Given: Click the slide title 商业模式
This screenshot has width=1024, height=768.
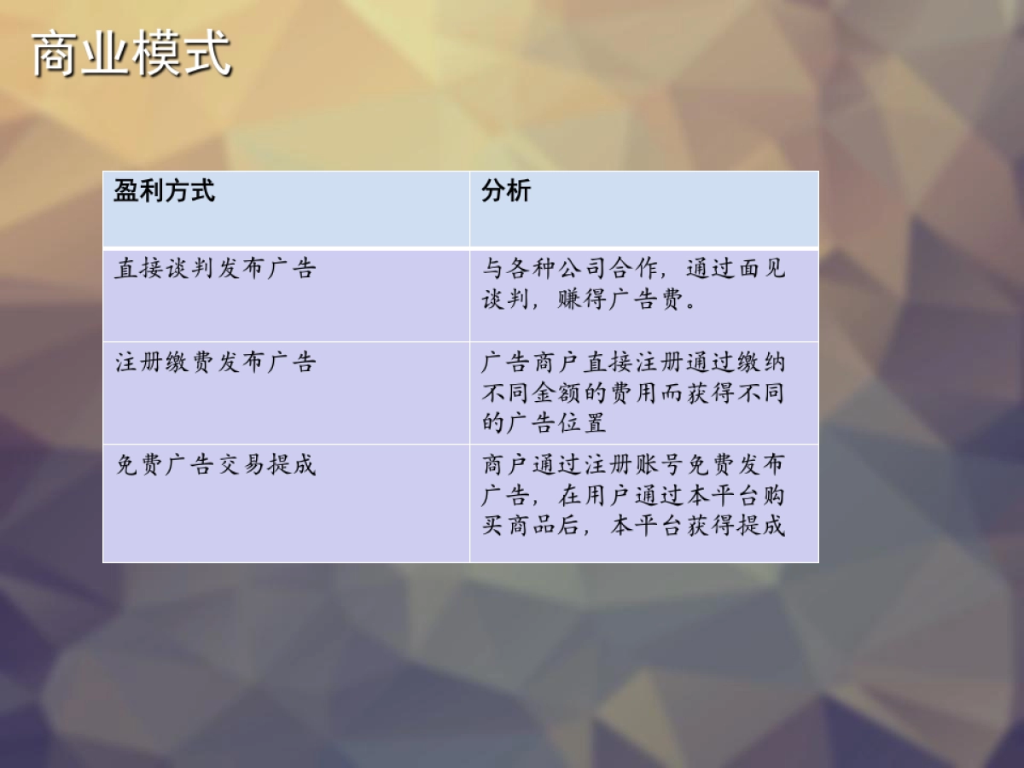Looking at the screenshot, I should pos(131,55).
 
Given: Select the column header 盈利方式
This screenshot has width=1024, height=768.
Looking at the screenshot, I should pos(165,190).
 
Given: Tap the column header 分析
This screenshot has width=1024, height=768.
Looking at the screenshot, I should pos(506,190).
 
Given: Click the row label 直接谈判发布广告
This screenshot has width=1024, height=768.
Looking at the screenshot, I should pos(216,269).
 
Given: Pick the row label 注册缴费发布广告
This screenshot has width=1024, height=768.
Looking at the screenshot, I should pos(216,362).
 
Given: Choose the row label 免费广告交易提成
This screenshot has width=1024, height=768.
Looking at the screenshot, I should pos(216,464).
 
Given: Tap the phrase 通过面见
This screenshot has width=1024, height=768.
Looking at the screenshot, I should pos(736,270).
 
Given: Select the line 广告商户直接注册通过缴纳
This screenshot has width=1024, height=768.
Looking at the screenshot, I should pos(633,363).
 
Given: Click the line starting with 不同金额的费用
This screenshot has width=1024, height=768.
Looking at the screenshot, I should pos(633,393).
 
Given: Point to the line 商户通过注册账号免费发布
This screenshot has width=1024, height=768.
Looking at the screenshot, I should pos(633,465).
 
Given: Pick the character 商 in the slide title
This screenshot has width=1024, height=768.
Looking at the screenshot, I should pos(55,55).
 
